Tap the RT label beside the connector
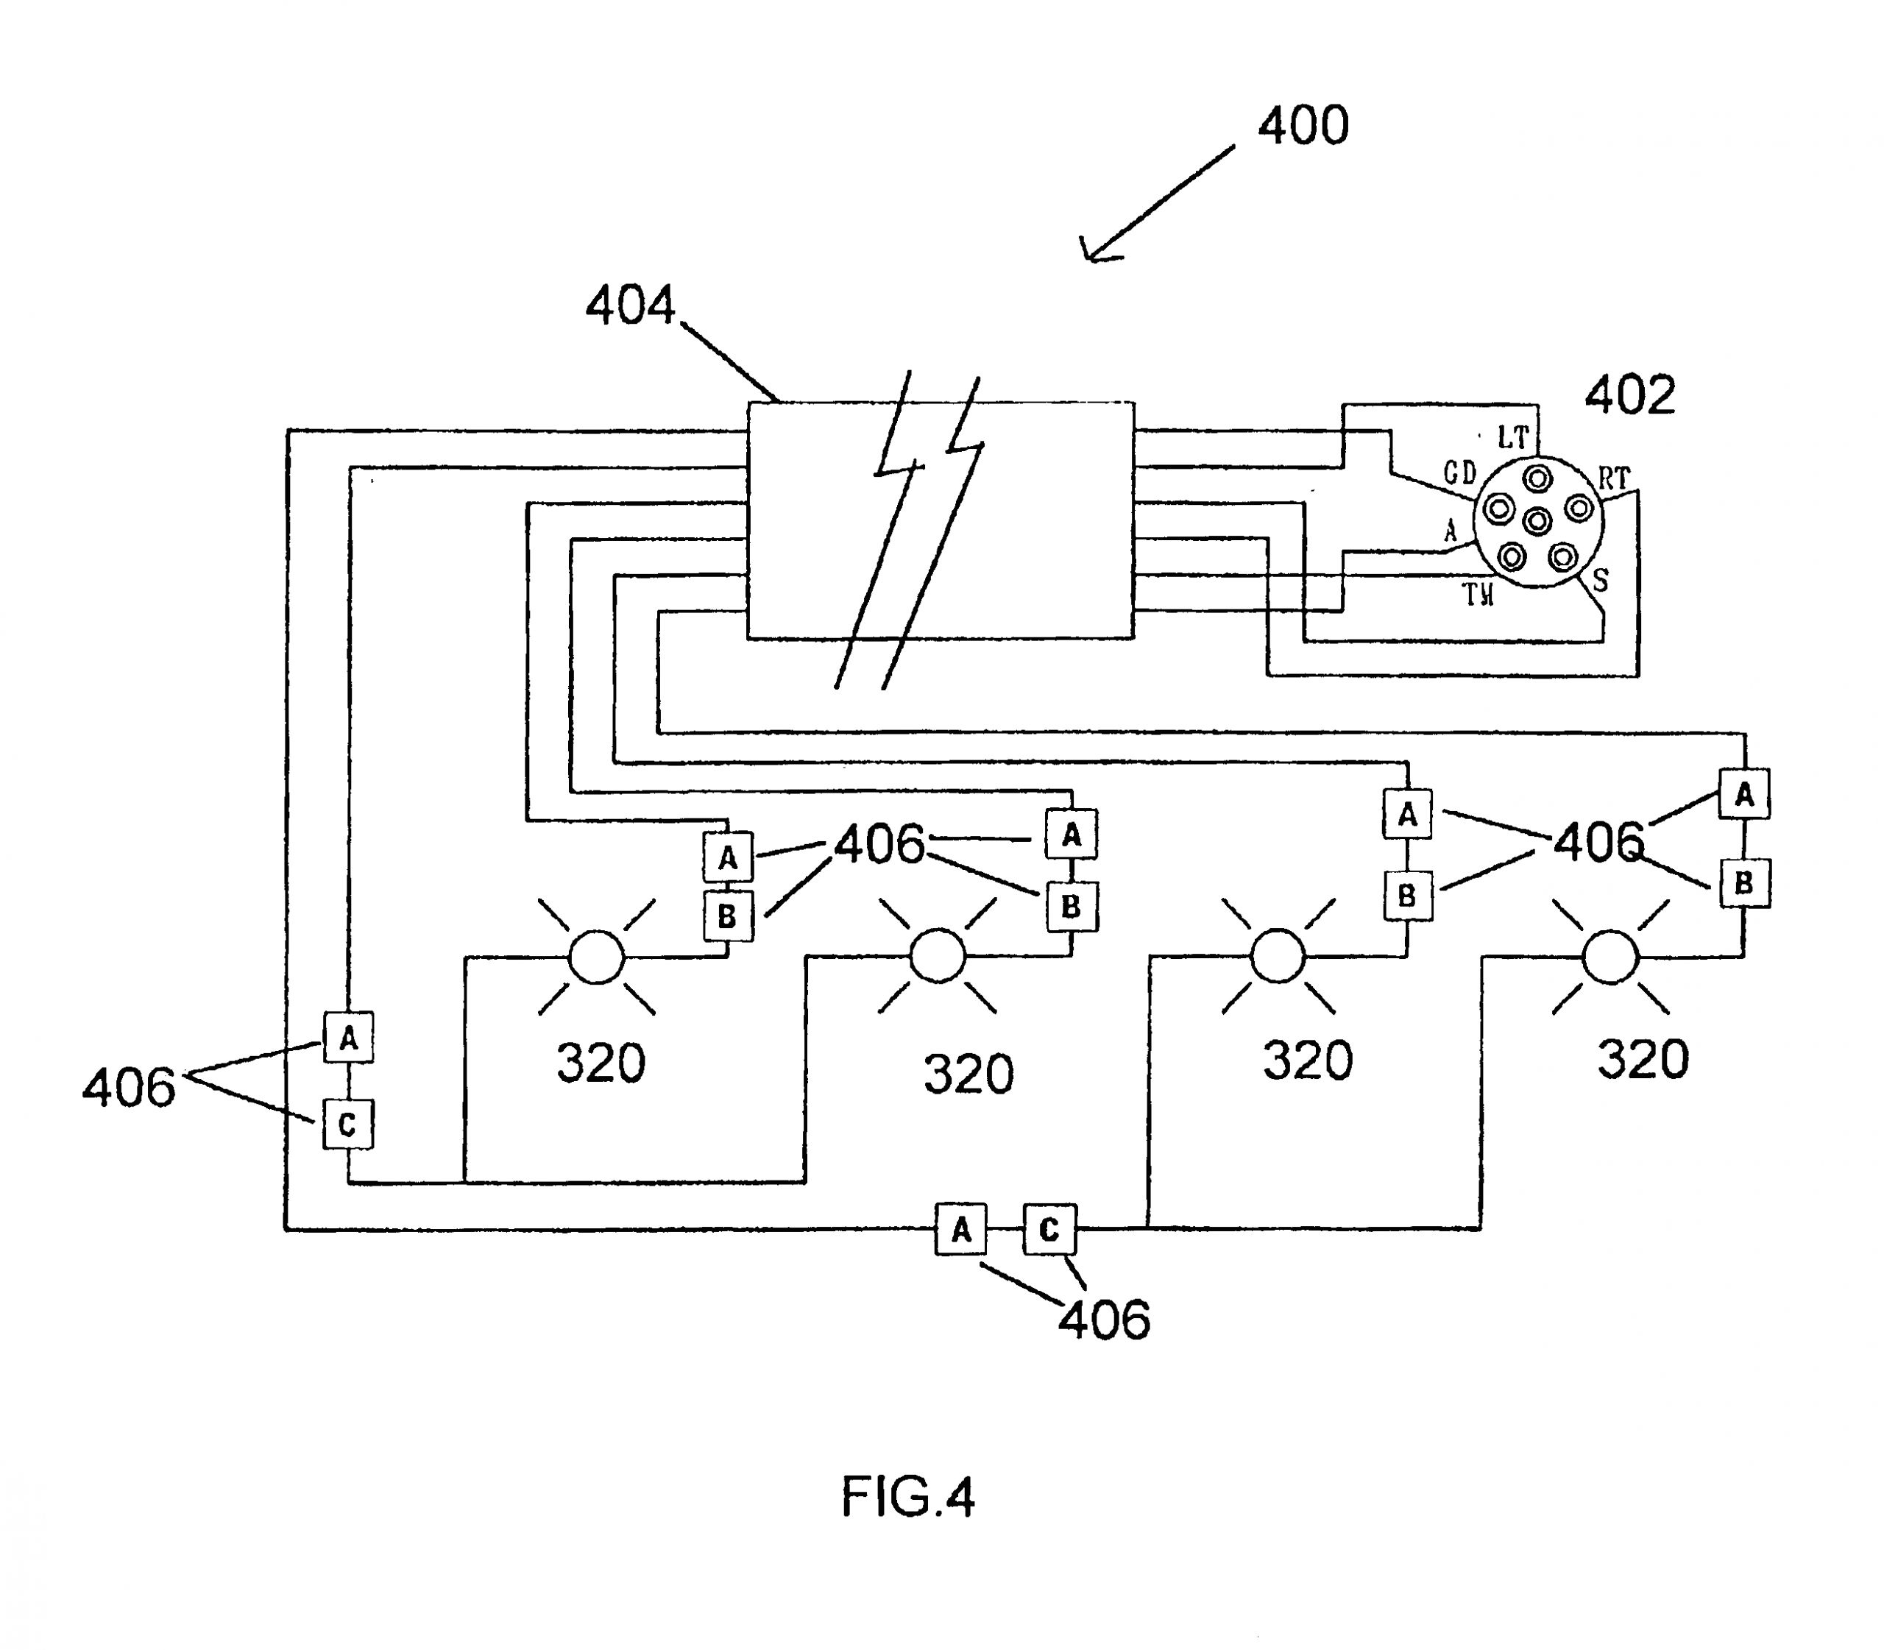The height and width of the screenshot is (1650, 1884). [1613, 479]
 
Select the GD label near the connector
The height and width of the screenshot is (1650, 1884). [1459, 473]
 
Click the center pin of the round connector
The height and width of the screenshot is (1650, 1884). [1537, 521]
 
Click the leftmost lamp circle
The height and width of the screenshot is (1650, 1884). [597, 957]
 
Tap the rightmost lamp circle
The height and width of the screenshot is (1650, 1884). [1609, 957]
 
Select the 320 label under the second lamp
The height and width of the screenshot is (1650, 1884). [968, 1074]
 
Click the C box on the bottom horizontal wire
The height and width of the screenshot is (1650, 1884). [1049, 1229]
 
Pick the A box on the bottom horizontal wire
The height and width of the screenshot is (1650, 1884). [960, 1229]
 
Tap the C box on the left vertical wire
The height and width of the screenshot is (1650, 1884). [347, 1125]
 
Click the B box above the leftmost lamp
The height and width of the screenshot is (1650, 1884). [727, 916]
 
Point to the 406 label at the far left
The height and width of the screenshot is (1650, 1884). [128, 1088]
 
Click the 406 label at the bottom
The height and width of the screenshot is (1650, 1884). [1103, 1320]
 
